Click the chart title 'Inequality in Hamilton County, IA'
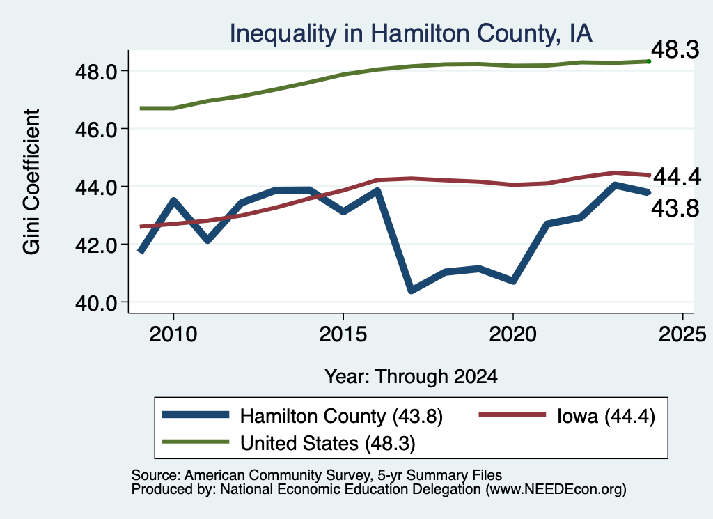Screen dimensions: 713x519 [x=411, y=33]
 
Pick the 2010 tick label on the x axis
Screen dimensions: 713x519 [x=173, y=335]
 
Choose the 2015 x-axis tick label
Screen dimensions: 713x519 [x=343, y=335]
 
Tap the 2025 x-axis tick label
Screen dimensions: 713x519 [x=682, y=335]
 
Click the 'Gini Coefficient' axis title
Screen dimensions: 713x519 [x=31, y=182]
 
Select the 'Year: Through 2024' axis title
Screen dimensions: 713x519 [x=411, y=377]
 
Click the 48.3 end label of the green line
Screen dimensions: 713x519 [x=675, y=49]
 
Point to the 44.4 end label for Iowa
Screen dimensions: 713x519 [x=677, y=176]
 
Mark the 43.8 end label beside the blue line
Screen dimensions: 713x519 [x=675, y=209]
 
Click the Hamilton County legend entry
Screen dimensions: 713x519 [x=302, y=416]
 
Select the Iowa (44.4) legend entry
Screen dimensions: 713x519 [x=567, y=416]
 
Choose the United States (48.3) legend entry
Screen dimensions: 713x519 [x=289, y=443]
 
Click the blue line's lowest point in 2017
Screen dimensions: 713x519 [x=411, y=290]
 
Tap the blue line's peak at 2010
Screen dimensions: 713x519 [x=173, y=201]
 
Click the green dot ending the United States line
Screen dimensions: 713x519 [x=649, y=61]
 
